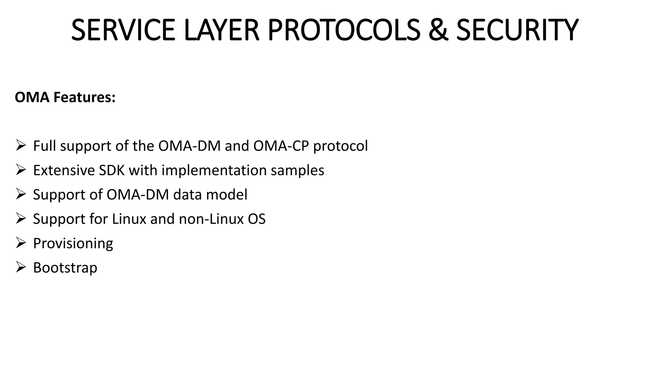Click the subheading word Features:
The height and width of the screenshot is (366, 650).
84,97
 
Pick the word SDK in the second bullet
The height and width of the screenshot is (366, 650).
111,170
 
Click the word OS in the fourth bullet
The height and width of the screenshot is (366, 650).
257,219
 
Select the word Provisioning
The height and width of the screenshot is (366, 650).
73,244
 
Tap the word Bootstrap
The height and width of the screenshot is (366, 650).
65,268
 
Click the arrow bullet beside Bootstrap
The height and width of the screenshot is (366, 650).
21,267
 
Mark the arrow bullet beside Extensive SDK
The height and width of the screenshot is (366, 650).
21,170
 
